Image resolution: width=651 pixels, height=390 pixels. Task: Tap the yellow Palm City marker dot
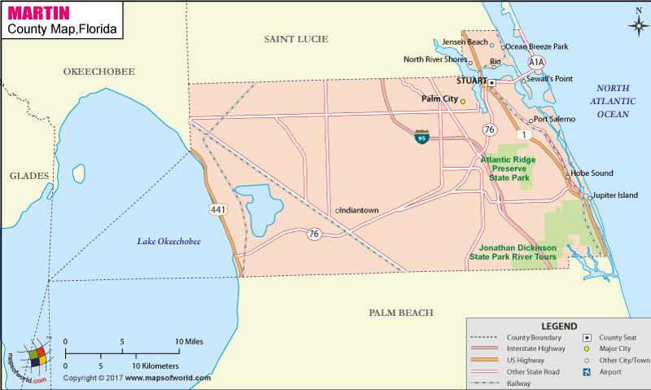coord(463,102)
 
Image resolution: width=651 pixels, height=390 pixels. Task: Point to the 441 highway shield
coord(217,210)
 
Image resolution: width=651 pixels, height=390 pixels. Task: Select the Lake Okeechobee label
coord(168,242)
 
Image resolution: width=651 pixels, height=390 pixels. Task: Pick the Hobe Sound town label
coord(592,173)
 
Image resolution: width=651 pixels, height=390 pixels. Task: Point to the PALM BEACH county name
coord(400,313)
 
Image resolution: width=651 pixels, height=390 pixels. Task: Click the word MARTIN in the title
coord(38,13)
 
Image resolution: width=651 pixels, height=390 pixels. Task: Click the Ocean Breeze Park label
coord(538,46)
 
